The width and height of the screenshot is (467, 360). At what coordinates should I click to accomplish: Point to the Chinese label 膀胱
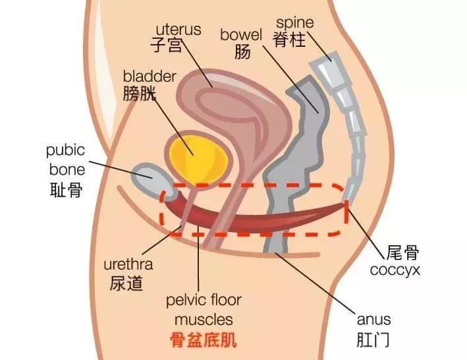coord(140,94)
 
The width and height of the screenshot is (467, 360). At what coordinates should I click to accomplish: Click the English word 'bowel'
coord(242,34)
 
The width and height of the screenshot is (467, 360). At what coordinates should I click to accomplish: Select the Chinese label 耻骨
coord(66,191)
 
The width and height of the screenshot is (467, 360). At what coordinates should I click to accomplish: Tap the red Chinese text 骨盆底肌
coord(204,341)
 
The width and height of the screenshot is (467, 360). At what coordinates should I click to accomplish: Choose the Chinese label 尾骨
coord(404,253)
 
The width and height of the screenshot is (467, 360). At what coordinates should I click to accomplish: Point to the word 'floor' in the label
coord(223,301)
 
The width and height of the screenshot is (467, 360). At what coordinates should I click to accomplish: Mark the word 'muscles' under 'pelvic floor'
coord(204,320)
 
